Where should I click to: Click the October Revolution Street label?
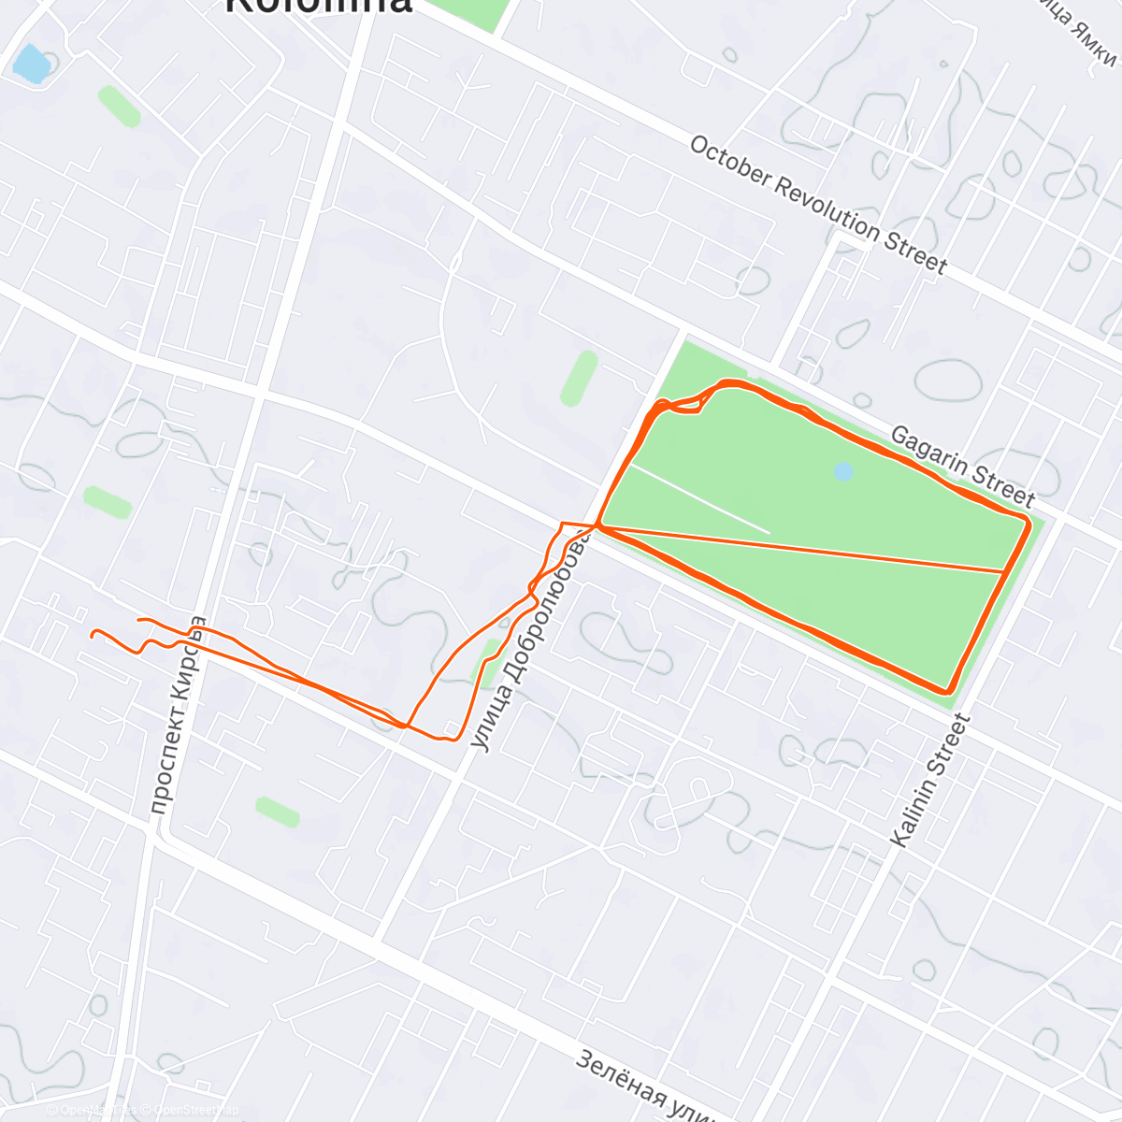818,205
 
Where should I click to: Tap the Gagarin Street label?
962,466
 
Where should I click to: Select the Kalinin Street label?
930,781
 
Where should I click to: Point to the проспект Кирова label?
177,715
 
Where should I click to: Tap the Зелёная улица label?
645,1085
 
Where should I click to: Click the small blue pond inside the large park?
843,472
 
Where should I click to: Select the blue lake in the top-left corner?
30,64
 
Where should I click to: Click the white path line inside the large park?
701,499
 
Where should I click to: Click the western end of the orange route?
93,634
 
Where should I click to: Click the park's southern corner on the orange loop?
949,690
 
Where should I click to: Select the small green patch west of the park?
580,379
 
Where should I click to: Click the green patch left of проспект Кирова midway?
108,502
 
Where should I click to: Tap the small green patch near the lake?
120,106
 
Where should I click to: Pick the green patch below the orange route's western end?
277,812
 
